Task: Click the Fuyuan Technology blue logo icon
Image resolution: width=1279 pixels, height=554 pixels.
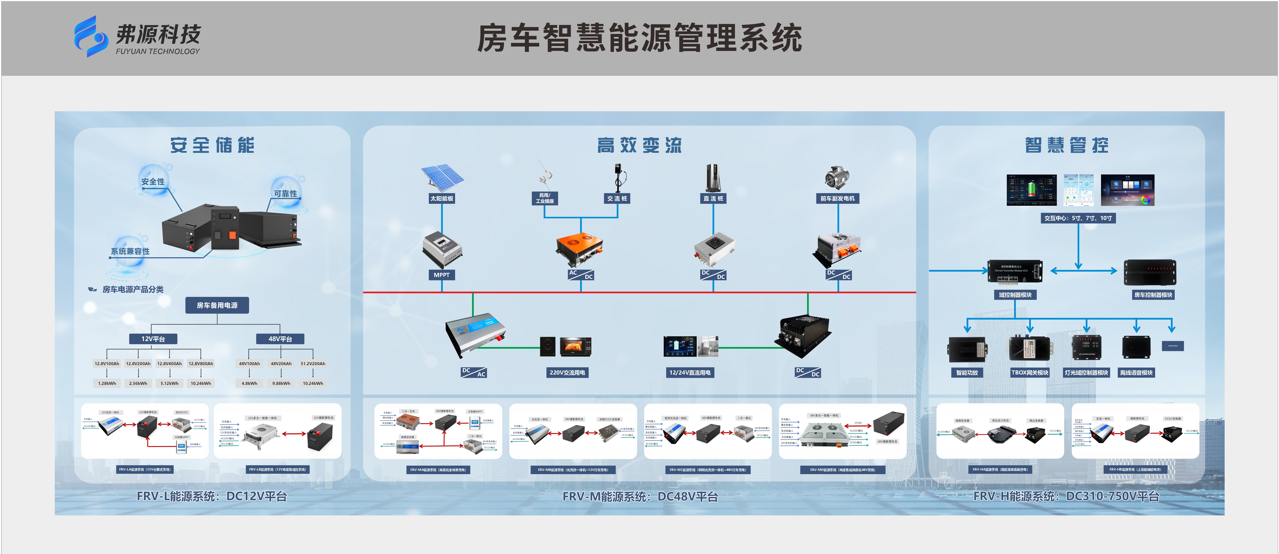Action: point(90,36)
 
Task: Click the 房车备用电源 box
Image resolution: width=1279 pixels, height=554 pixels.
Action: point(217,305)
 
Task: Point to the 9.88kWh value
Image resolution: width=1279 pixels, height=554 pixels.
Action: point(281,383)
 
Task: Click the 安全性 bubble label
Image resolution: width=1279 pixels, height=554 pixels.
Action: point(153,182)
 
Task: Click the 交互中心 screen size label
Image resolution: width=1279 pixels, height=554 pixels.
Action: point(1078,218)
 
